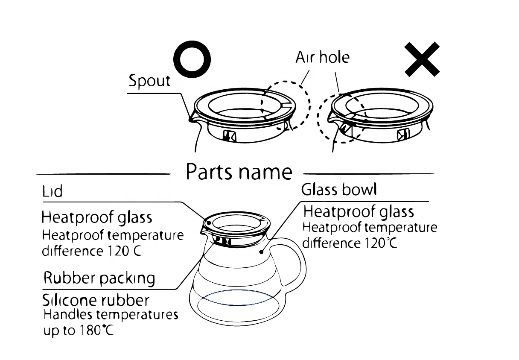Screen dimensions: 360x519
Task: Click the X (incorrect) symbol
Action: pyautogui.click(x=422, y=60)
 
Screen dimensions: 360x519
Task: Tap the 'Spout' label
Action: pyautogui.click(x=149, y=81)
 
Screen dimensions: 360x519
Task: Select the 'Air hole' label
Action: pyautogui.click(x=322, y=57)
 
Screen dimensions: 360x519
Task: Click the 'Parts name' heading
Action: pyautogui.click(x=239, y=172)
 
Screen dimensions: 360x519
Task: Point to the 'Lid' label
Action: pyautogui.click(x=52, y=192)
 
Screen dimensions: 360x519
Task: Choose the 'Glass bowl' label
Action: pyautogui.click(x=339, y=189)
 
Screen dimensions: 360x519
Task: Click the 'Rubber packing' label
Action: pyautogui.click(x=99, y=278)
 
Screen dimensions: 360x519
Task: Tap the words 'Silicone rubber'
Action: pyautogui.click(x=96, y=300)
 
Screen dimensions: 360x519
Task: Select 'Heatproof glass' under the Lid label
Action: pyautogui.click(x=97, y=217)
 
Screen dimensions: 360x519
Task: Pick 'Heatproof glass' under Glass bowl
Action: pyautogui.click(x=359, y=211)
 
